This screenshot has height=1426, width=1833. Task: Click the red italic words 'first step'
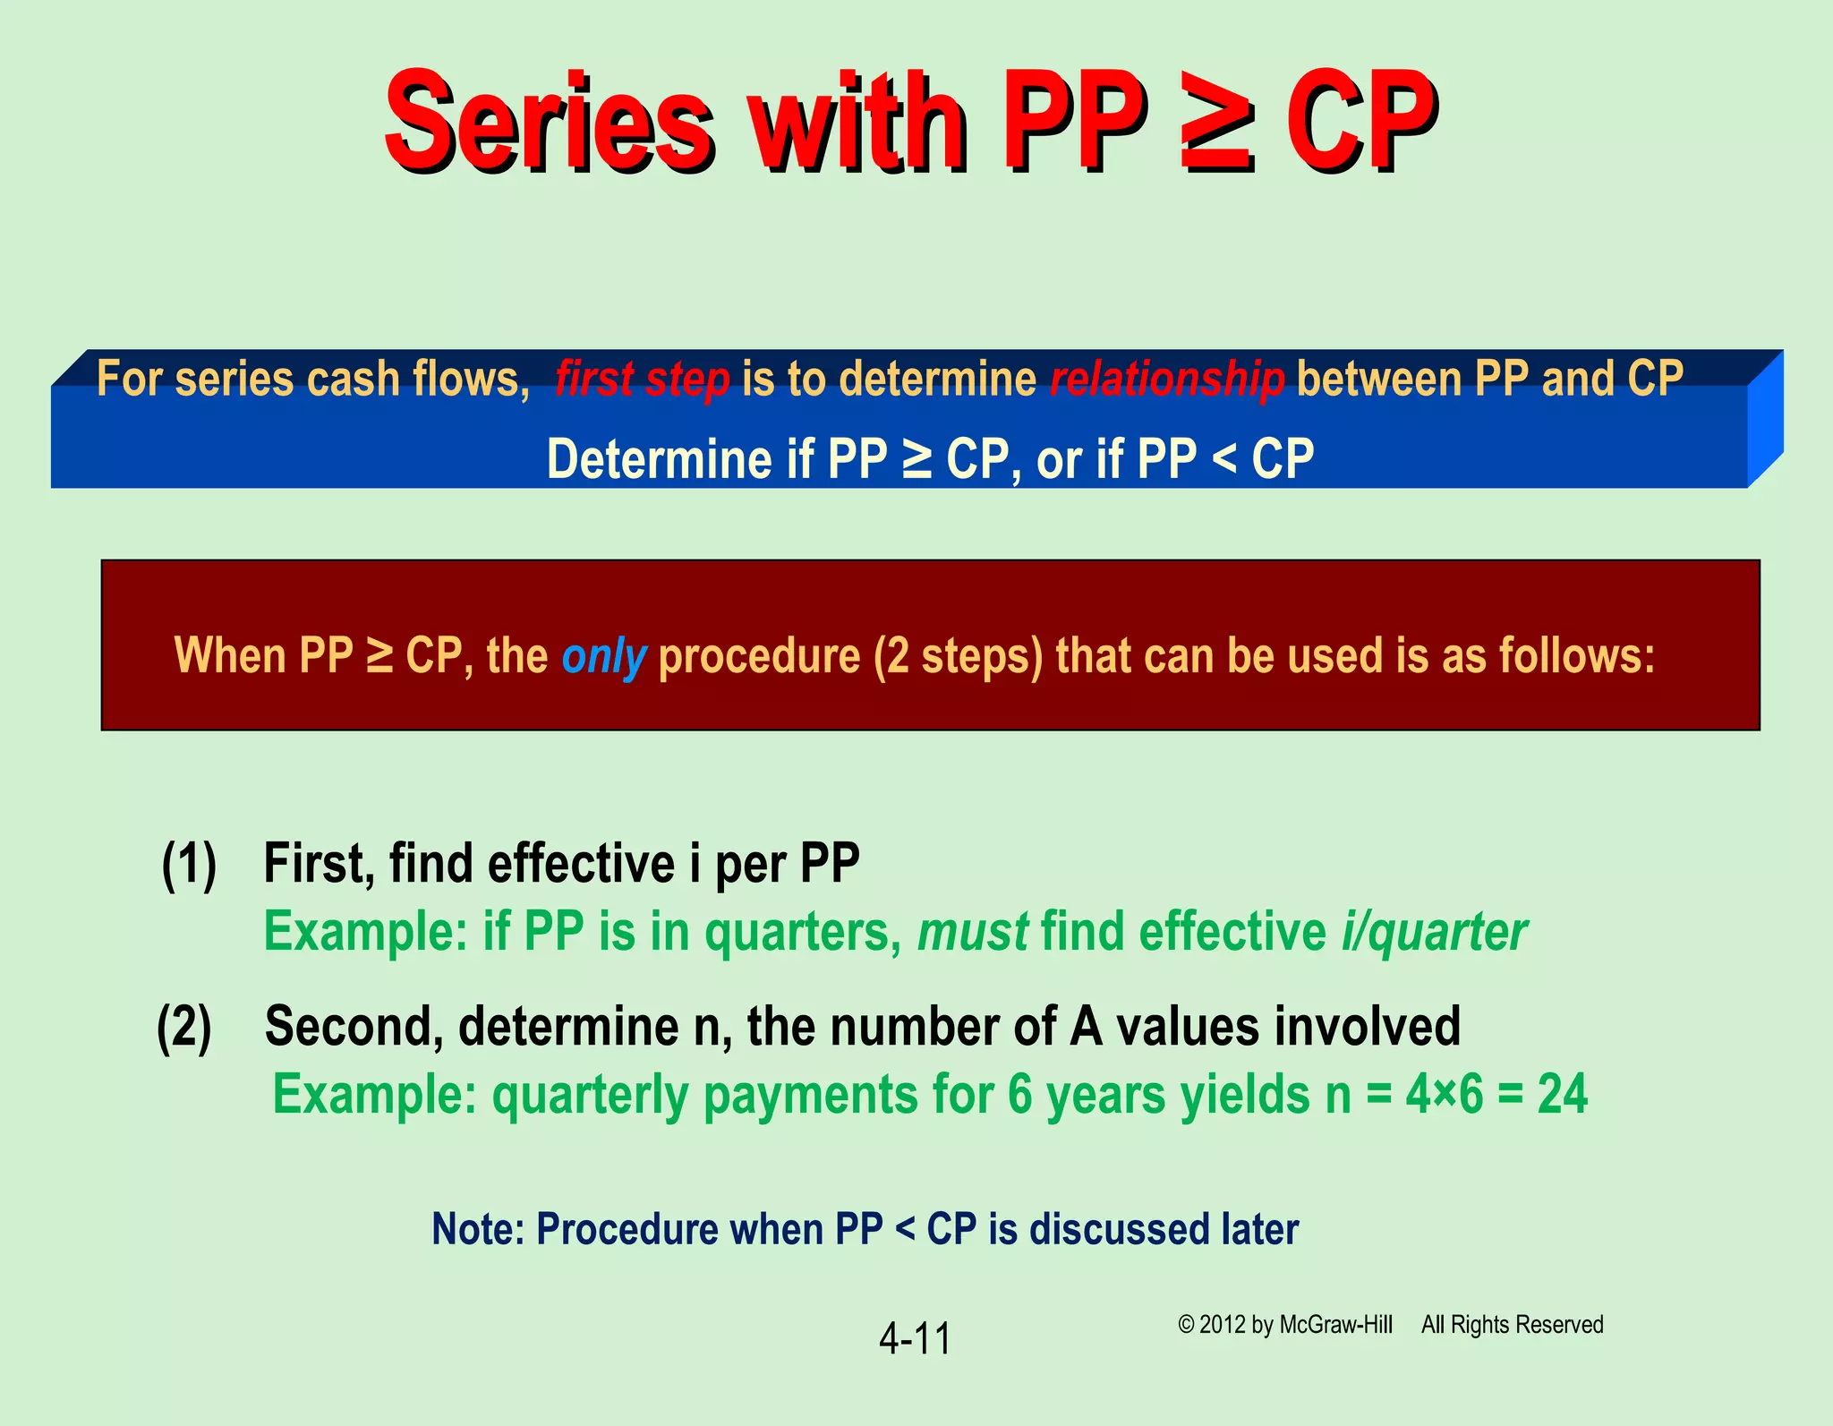(x=642, y=380)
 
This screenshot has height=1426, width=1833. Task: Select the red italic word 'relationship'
(x=1167, y=380)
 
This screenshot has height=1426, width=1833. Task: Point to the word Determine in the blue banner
(x=660, y=460)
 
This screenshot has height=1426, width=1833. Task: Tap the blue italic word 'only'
(x=603, y=656)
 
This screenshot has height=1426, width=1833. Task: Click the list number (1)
(x=189, y=865)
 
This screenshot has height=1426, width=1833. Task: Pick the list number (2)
(x=184, y=1028)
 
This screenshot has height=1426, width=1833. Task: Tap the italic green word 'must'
(x=972, y=933)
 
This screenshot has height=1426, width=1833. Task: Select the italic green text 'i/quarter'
(x=1434, y=933)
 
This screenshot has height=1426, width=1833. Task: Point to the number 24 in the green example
(x=1562, y=1095)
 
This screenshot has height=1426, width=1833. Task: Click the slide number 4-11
(x=915, y=1339)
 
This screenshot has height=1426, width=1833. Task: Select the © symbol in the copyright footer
(x=1186, y=1325)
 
